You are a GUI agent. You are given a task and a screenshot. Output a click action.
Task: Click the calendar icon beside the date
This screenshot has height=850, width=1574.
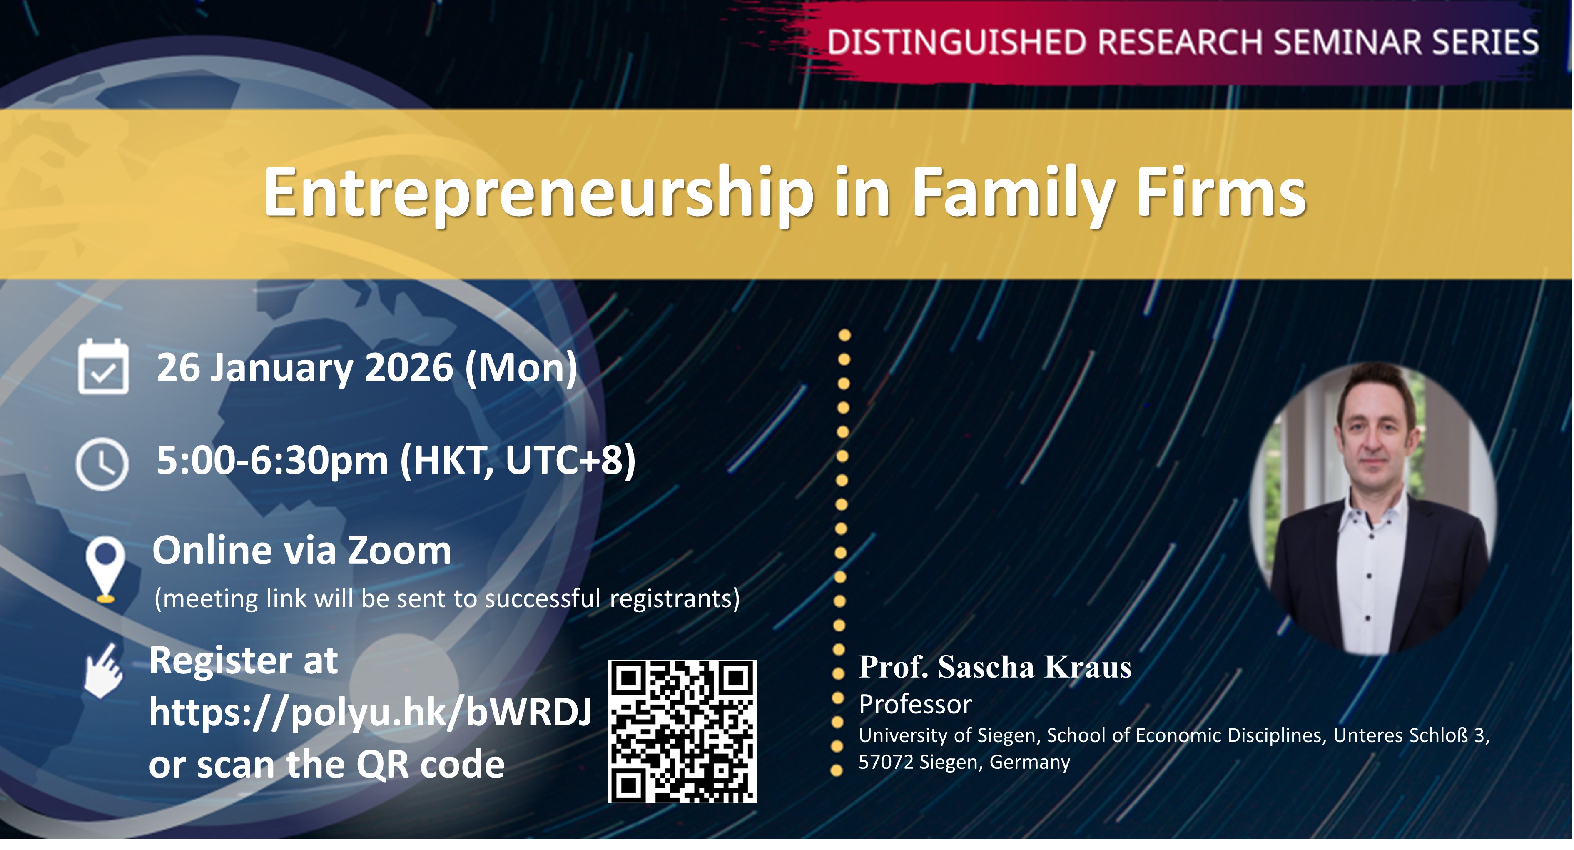tap(103, 366)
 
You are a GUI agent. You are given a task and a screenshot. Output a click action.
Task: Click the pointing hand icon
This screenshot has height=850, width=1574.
tap(103, 671)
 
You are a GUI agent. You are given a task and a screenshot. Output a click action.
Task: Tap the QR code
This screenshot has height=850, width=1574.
tap(682, 731)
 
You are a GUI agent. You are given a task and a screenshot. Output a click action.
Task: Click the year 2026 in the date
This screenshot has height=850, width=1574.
tap(409, 367)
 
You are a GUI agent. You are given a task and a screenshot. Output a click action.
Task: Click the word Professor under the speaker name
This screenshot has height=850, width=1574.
tap(915, 705)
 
